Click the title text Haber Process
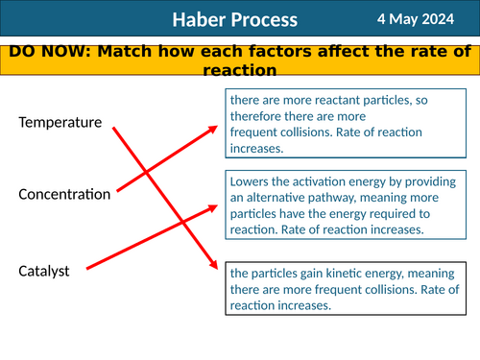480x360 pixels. point(235,20)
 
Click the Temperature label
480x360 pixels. point(60,123)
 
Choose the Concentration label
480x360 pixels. point(64,195)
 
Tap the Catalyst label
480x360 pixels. point(44,272)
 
